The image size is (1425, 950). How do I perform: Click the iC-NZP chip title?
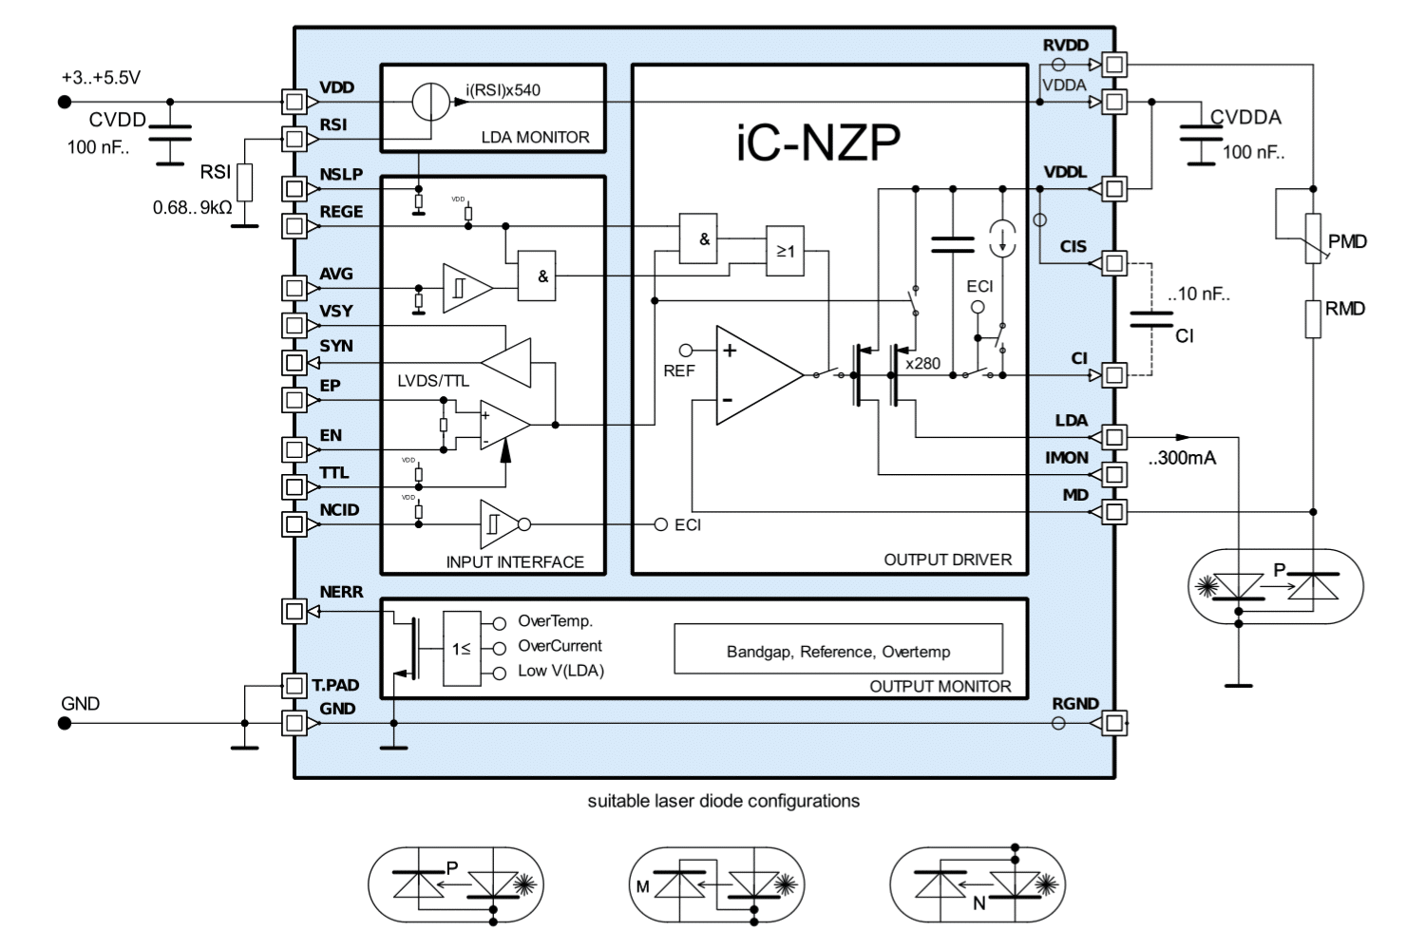click(x=818, y=142)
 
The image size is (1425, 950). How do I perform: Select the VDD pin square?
click(x=294, y=102)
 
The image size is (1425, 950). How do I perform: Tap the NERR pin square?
click(x=294, y=611)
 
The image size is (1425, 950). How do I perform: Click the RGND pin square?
click(x=1114, y=724)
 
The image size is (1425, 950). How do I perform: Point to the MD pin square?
click(x=1114, y=512)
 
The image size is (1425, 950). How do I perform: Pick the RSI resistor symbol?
click(x=245, y=182)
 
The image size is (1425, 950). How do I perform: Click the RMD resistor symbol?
click(x=1313, y=318)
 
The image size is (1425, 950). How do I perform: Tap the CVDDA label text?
click(x=1245, y=118)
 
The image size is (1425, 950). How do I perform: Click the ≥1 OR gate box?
click(x=785, y=251)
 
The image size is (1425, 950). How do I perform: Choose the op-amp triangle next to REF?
click(x=756, y=374)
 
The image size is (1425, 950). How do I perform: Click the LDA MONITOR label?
click(x=535, y=138)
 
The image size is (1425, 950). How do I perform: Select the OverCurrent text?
click(x=560, y=646)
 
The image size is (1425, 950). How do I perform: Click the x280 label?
click(x=922, y=363)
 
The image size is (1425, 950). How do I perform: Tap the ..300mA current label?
click(x=1182, y=458)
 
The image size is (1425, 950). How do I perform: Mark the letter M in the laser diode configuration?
click(x=643, y=886)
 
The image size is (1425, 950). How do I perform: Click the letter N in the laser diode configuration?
click(x=978, y=903)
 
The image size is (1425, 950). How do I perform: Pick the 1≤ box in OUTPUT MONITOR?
click(x=462, y=649)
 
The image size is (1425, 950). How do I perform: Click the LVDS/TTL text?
click(x=433, y=381)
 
